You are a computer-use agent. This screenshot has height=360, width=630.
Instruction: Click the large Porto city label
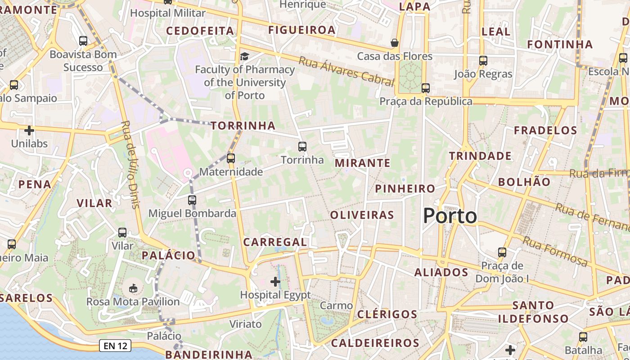[450, 216]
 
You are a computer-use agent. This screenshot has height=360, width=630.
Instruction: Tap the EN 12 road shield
[116, 346]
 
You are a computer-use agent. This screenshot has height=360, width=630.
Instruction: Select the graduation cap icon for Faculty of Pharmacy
[244, 56]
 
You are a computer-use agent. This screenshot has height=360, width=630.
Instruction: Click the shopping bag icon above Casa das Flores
[395, 43]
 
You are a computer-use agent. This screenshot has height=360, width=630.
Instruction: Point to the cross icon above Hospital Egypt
[275, 282]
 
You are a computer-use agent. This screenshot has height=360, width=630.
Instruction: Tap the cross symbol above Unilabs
[29, 130]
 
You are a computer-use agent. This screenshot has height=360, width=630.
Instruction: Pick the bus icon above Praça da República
[426, 88]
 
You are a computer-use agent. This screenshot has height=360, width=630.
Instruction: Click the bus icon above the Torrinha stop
[302, 146]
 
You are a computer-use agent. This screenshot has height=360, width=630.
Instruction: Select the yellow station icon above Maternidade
[231, 158]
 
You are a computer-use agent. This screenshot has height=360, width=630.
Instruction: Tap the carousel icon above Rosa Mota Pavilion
[133, 288]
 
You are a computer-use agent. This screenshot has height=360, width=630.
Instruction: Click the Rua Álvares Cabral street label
[346, 72]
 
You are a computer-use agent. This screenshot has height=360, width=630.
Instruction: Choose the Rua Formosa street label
[555, 252]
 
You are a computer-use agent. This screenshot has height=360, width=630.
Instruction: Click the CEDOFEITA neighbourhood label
[200, 31]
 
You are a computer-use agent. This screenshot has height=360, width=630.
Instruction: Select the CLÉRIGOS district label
[387, 314]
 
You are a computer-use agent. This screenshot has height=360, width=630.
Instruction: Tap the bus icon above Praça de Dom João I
[502, 252]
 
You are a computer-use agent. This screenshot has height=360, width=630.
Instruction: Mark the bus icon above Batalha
[583, 337]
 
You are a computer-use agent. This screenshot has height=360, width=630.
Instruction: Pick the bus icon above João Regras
[483, 60]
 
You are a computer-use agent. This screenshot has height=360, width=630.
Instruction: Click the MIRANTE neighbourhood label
[362, 163]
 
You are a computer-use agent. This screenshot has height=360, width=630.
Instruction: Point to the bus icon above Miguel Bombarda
[192, 200]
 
